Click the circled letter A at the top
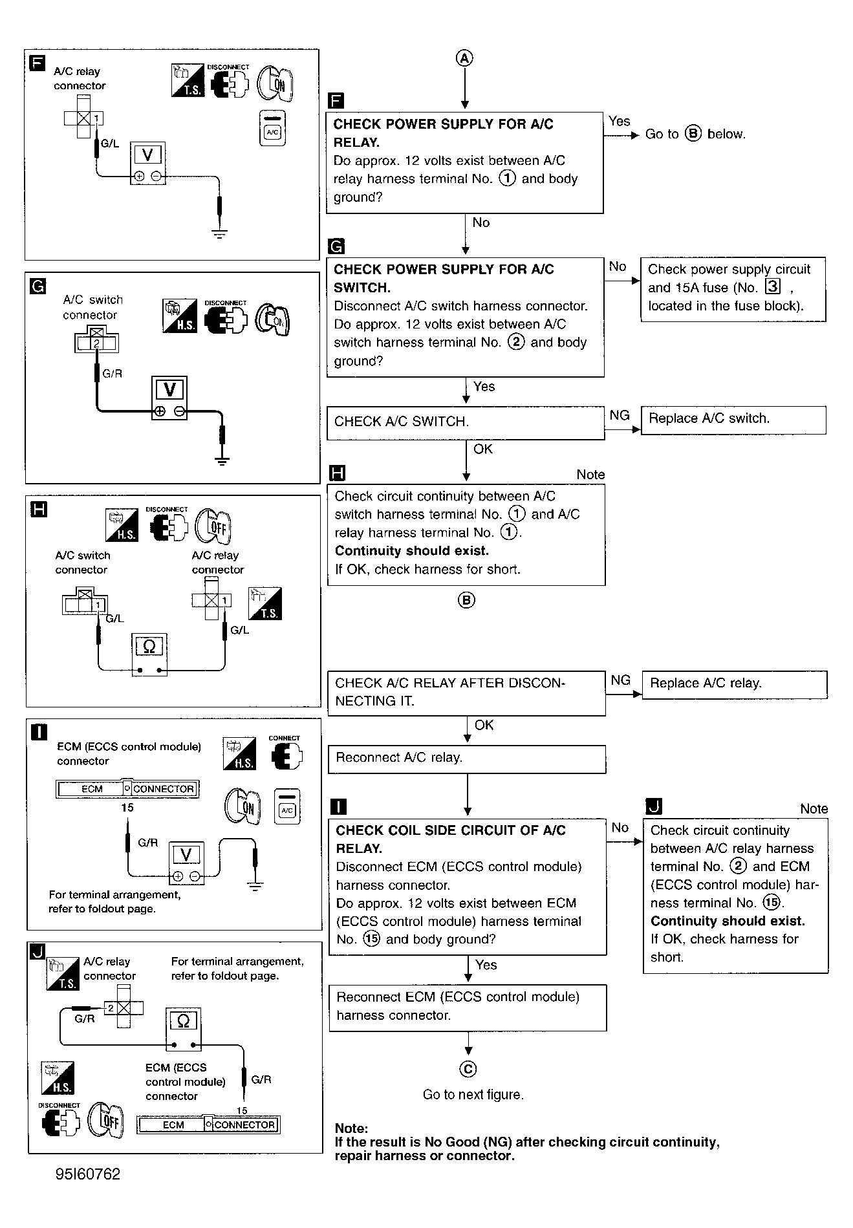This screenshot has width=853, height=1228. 464,58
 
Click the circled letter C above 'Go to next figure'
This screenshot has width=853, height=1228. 468,1069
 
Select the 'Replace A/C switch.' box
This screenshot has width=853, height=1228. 733,420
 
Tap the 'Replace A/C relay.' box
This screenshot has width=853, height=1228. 734,684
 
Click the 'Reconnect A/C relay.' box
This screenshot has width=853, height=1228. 466,759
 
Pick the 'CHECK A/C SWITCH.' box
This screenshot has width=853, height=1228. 465,422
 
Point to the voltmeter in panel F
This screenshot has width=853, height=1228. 147,163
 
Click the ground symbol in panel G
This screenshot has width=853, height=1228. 222,461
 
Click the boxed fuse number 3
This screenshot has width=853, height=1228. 772,287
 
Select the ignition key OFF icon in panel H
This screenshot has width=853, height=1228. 215,527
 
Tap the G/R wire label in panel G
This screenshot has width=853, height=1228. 112,374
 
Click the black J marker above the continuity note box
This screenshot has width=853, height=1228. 654,806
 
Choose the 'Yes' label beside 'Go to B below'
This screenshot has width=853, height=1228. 619,122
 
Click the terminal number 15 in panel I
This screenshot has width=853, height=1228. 127,808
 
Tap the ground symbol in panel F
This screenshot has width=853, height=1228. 221,233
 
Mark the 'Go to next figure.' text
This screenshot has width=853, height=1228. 473,1095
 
